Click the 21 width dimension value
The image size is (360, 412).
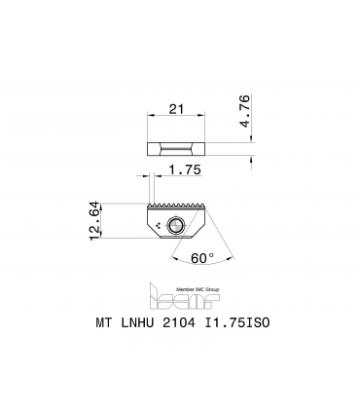tap(176, 109)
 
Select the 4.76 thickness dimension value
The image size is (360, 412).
tap(245, 111)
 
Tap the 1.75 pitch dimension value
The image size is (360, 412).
tap(185, 169)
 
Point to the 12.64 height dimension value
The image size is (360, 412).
tap(94, 221)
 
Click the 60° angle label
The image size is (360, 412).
tap(202, 258)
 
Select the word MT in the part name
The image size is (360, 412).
tap(104, 322)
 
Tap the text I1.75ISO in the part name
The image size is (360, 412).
tap(236, 322)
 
